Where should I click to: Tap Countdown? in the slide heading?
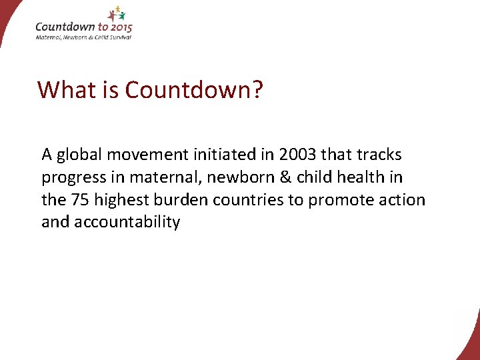[194, 89]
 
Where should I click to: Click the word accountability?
[127, 223]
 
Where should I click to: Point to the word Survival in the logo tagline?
[119, 37]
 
